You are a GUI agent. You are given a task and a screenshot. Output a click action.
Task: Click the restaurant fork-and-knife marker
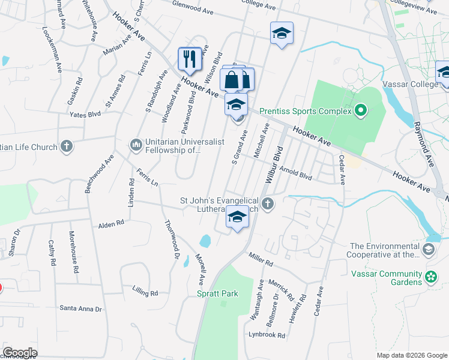tap(190, 59)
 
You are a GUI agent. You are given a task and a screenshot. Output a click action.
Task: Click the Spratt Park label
tap(217, 293)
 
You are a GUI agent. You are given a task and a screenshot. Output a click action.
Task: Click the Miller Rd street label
tap(261, 259)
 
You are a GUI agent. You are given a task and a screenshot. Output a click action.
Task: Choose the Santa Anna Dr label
tap(80, 308)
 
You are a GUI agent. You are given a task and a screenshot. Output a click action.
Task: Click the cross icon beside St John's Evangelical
tap(268, 205)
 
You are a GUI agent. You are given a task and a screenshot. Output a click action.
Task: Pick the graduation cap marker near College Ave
tap(282, 34)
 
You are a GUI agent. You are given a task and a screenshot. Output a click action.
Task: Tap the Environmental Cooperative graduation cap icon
tap(429, 250)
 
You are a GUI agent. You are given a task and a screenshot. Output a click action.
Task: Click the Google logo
tap(20, 353)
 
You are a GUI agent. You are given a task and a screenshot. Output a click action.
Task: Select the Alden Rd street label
tap(111, 223)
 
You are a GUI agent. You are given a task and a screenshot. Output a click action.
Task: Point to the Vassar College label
tap(416, 85)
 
